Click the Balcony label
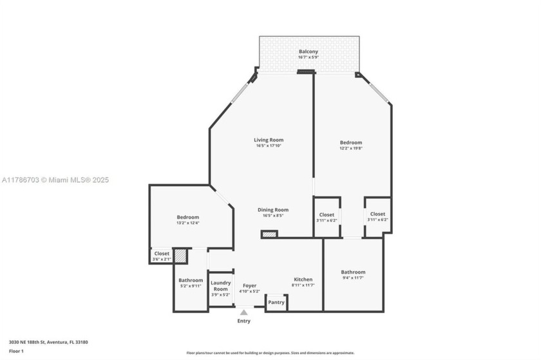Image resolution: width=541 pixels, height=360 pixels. point(308,54)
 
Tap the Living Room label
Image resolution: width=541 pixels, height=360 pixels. point(268,142)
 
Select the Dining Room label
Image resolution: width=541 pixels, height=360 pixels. point(272,213)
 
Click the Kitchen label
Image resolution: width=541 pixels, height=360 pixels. point(303,282)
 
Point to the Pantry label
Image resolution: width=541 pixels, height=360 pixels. point(276,303)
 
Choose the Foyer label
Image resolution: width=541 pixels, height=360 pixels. point(249,288)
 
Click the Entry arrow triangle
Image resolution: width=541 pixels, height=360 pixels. point(243,312)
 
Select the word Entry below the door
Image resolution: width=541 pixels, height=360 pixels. point(243,321)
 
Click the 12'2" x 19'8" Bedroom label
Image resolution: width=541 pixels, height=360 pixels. point(351,145)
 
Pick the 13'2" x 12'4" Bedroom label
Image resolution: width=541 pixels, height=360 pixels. point(188,220)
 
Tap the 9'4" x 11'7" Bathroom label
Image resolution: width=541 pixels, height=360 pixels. point(353,275)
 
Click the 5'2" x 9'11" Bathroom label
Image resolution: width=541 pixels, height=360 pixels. point(191,283)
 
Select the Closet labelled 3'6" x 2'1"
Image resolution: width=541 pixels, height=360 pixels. point(162,256)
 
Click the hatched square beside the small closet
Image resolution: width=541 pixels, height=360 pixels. point(181,256)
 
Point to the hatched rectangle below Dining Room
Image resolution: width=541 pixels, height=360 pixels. point(269,234)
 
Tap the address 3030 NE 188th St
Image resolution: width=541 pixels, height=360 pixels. point(48,342)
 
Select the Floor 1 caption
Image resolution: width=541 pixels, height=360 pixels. point(16,351)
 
